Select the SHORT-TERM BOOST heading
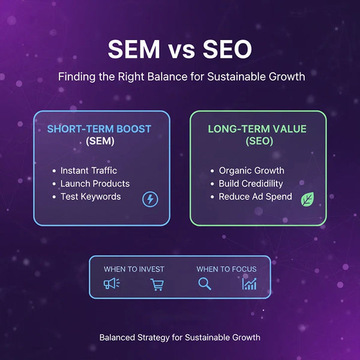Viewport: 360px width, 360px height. [x=100, y=129]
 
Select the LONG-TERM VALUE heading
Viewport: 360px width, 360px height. [x=258, y=129]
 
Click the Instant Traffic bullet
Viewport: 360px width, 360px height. [x=89, y=170]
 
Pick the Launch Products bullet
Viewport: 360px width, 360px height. [x=95, y=184]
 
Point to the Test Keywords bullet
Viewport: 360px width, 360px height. [x=91, y=196]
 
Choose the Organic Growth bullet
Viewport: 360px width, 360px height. [x=251, y=170]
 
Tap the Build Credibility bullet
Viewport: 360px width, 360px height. [x=251, y=184]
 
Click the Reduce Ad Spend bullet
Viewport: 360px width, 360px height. [x=255, y=196]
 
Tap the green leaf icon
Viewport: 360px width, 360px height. [x=308, y=200]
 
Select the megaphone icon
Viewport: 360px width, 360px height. [x=112, y=283]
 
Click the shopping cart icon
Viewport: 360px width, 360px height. [x=157, y=284]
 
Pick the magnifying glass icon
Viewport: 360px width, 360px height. [x=205, y=283]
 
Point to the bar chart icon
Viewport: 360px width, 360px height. [x=249, y=284]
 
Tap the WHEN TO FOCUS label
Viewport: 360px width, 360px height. [x=226, y=269]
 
